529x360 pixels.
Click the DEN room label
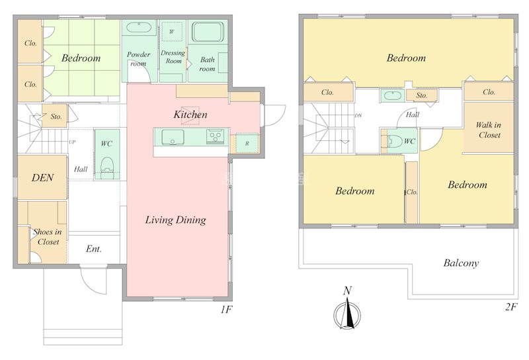click(x=42, y=177)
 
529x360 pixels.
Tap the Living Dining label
click(x=175, y=220)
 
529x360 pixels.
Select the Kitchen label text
click(x=190, y=114)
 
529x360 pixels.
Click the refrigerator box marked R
click(x=247, y=143)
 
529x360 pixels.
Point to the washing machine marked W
click(x=172, y=31)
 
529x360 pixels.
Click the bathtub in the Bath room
click(x=208, y=32)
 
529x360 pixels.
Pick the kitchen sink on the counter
click(x=173, y=137)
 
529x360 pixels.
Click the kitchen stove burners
click(x=214, y=136)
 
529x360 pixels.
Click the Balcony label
click(x=461, y=263)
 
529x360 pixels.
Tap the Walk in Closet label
click(x=489, y=130)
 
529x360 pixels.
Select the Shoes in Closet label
click(x=48, y=237)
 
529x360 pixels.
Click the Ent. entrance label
click(x=94, y=249)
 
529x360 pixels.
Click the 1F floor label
click(x=227, y=309)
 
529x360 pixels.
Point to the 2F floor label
click(x=511, y=307)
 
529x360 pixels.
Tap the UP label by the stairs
click(x=72, y=142)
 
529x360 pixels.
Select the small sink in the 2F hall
click(x=392, y=95)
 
